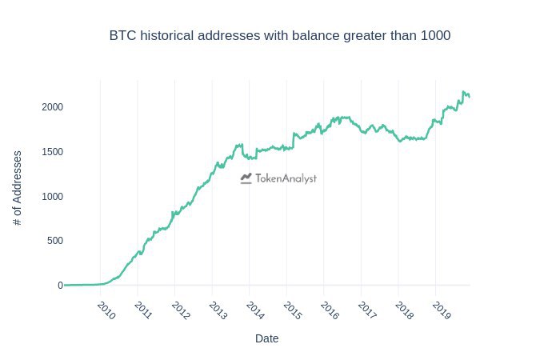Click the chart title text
[x=280, y=36]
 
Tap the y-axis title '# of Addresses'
[x=18, y=187]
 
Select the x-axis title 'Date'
[x=266, y=338]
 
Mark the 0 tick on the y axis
[x=59, y=286]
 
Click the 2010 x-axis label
[x=106, y=310]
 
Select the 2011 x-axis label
[x=143, y=310]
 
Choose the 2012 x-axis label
[x=181, y=310]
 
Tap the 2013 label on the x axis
[x=218, y=310]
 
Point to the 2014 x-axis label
[x=255, y=310]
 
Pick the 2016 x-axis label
[x=330, y=310]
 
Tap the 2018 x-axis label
[x=404, y=310]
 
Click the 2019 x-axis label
[x=441, y=310]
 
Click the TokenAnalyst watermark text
[x=286, y=179]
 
